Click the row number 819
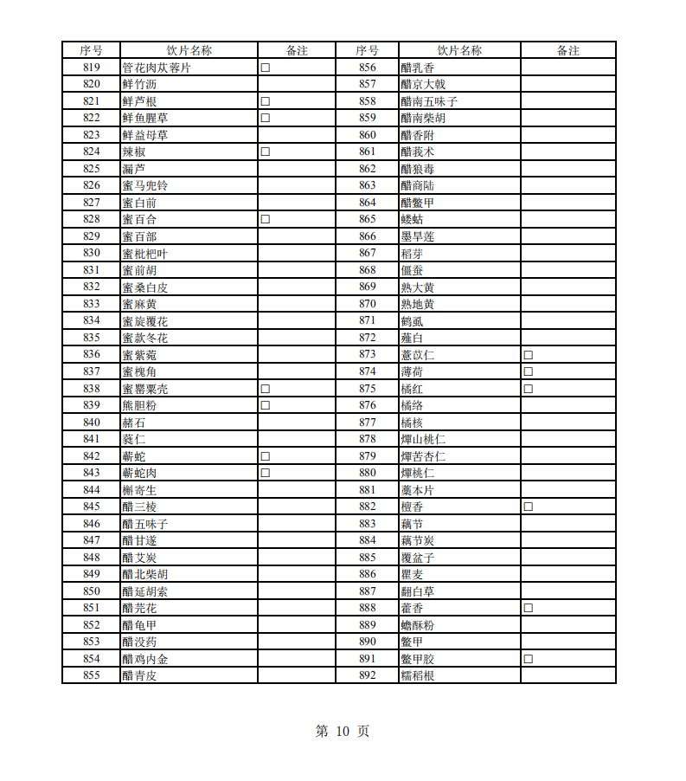click(91, 68)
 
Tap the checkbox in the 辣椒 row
click(266, 152)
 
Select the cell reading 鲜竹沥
click(139, 84)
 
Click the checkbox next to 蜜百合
click(266, 219)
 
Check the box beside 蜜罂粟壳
click(266, 389)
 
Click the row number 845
click(91, 507)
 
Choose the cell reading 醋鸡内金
click(145, 659)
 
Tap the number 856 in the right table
click(368, 68)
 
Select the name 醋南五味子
click(429, 101)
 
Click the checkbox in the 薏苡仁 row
click(528, 355)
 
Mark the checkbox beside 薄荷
click(528, 371)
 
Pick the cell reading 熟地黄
click(418, 304)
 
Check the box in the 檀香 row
click(528, 507)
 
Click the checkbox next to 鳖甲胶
click(528, 659)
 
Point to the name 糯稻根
click(418, 675)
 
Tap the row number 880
click(368, 473)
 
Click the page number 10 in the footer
click(343, 732)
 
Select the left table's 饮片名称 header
click(189, 50)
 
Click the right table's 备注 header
click(568, 50)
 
